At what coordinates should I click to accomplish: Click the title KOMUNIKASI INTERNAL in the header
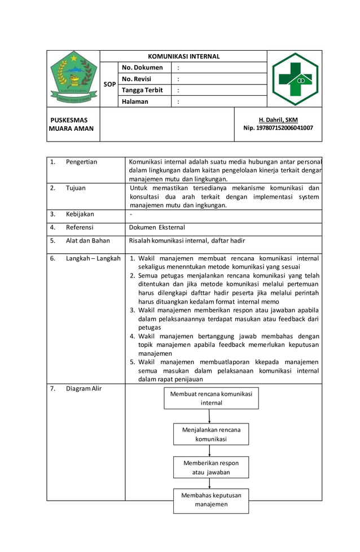click(183, 56)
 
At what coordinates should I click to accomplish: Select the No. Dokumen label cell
click(142, 68)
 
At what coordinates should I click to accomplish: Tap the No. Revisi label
click(137, 79)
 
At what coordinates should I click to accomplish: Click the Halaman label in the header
click(135, 101)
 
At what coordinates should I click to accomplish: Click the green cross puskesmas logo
click(295, 79)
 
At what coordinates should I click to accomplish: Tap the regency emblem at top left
click(73, 78)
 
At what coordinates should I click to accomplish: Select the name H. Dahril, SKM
click(278, 120)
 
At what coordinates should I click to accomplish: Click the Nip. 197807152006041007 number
click(278, 128)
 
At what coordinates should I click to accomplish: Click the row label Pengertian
click(81, 162)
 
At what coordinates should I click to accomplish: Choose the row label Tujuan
click(76, 188)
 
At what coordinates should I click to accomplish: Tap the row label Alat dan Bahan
click(87, 240)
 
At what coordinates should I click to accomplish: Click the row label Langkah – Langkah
click(93, 258)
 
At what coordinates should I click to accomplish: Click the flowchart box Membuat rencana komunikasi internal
click(211, 398)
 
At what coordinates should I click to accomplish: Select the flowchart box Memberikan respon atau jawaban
click(210, 467)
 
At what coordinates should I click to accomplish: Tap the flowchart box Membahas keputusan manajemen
click(210, 500)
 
